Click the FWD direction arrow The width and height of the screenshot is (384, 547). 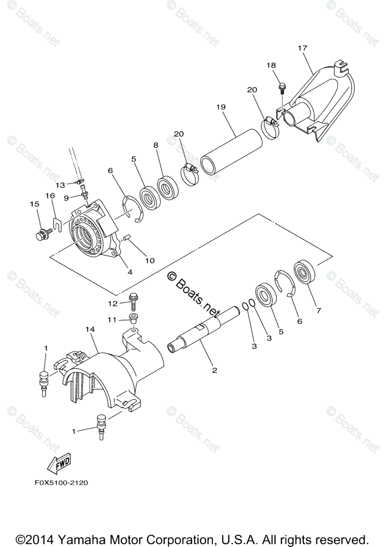(58, 464)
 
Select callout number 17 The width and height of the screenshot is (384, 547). (302, 47)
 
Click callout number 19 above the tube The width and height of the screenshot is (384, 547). (221, 107)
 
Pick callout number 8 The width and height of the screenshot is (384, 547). (156, 145)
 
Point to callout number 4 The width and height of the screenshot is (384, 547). (130, 272)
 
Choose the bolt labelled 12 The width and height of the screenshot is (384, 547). (134, 299)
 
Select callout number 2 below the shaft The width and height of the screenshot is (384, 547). (214, 370)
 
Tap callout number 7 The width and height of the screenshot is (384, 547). (318, 310)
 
